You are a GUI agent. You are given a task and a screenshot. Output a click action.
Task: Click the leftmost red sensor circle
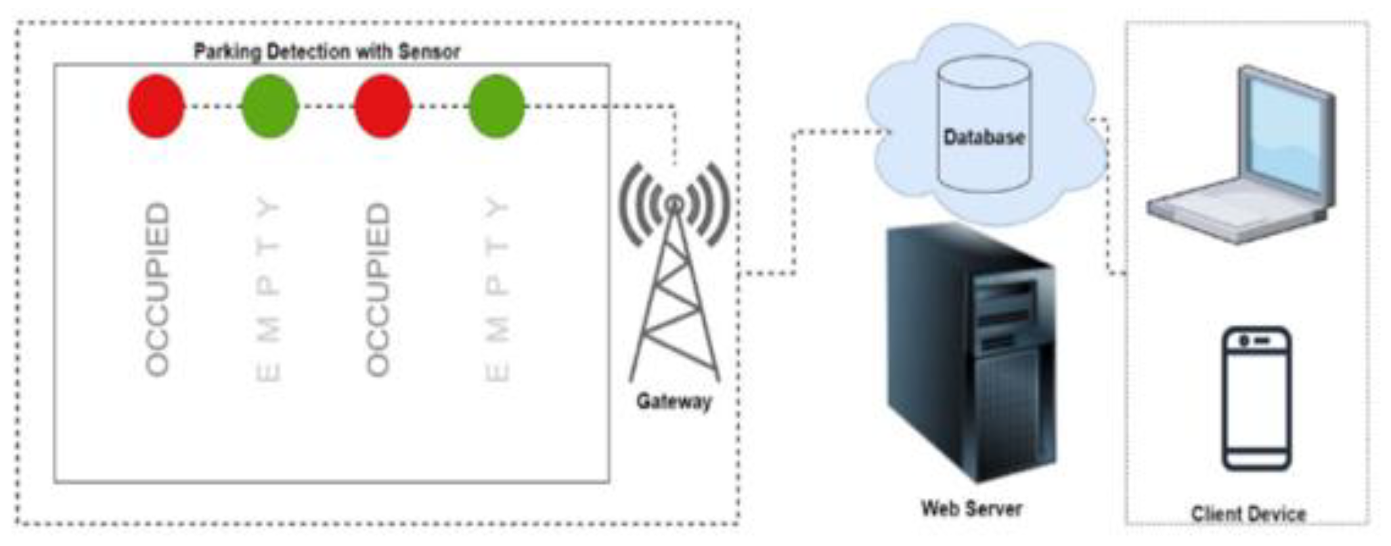tap(156, 106)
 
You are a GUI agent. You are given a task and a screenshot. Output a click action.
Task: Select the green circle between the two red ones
tap(270, 106)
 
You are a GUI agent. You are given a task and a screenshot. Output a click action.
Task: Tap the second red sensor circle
tap(383, 106)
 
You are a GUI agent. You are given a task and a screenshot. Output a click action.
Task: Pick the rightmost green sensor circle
tap(497, 106)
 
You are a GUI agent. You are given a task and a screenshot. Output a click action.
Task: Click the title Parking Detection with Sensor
tap(327, 52)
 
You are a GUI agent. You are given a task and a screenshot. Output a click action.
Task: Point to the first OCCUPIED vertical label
tap(158, 289)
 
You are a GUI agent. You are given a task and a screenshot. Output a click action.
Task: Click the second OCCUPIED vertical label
tap(378, 289)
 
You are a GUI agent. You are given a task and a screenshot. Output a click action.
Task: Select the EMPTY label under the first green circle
tap(269, 289)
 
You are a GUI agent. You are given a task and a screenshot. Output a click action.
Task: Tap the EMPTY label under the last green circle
tap(497, 289)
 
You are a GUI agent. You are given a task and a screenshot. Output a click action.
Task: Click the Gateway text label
tap(674, 401)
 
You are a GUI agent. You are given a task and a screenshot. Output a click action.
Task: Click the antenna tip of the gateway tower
tap(674, 205)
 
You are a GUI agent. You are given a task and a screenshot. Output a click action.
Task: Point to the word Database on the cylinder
tap(984, 137)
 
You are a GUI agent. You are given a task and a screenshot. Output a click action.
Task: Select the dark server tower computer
tap(971, 354)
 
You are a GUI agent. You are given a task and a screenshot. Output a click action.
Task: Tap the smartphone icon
tap(1256, 398)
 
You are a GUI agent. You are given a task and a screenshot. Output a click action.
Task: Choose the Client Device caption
tap(1248, 514)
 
